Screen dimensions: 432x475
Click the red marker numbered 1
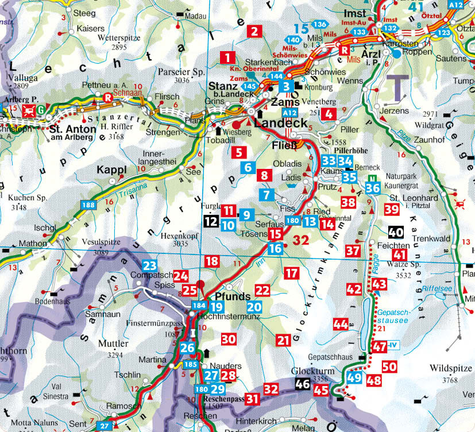pyautogui.click(x=228, y=57)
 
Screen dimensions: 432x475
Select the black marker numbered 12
pyautogui.click(x=211, y=220)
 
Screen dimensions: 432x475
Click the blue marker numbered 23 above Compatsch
pyautogui.click(x=149, y=265)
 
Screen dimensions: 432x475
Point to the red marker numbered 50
pyautogui.click(x=389, y=366)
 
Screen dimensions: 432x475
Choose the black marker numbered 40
pyautogui.click(x=396, y=232)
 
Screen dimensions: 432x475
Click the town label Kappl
pyautogui.click(x=111, y=171)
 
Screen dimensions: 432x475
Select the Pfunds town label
pyautogui.click(x=232, y=296)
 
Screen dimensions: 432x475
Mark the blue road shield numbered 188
pyautogui.click(x=88, y=205)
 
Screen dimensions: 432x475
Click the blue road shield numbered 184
pyautogui.click(x=199, y=305)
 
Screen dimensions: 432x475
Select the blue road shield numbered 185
pyautogui.click(x=191, y=364)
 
